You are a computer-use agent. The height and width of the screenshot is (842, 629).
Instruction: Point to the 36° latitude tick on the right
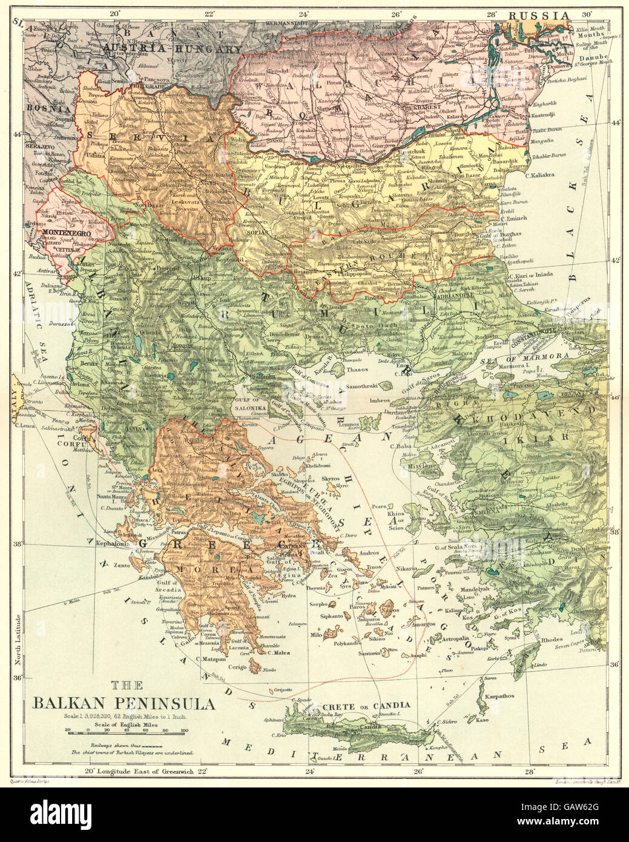point(614,665)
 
